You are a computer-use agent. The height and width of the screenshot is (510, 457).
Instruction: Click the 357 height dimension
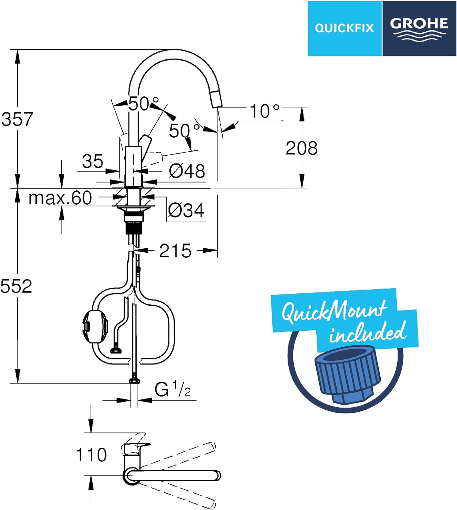17,119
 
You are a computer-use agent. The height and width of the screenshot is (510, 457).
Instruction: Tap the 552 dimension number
16,286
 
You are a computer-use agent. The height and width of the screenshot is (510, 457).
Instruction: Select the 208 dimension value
302,148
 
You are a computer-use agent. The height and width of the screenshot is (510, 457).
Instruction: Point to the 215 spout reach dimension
175,251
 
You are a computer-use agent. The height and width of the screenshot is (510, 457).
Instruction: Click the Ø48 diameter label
187,171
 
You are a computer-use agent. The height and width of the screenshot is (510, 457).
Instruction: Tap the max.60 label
60,198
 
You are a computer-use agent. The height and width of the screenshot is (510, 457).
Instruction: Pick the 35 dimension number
93,161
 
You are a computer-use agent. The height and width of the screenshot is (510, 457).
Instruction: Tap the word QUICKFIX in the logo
345,28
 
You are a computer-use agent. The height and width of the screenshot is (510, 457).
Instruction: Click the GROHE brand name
419,24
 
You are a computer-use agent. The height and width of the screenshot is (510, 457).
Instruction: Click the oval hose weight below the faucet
95,326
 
